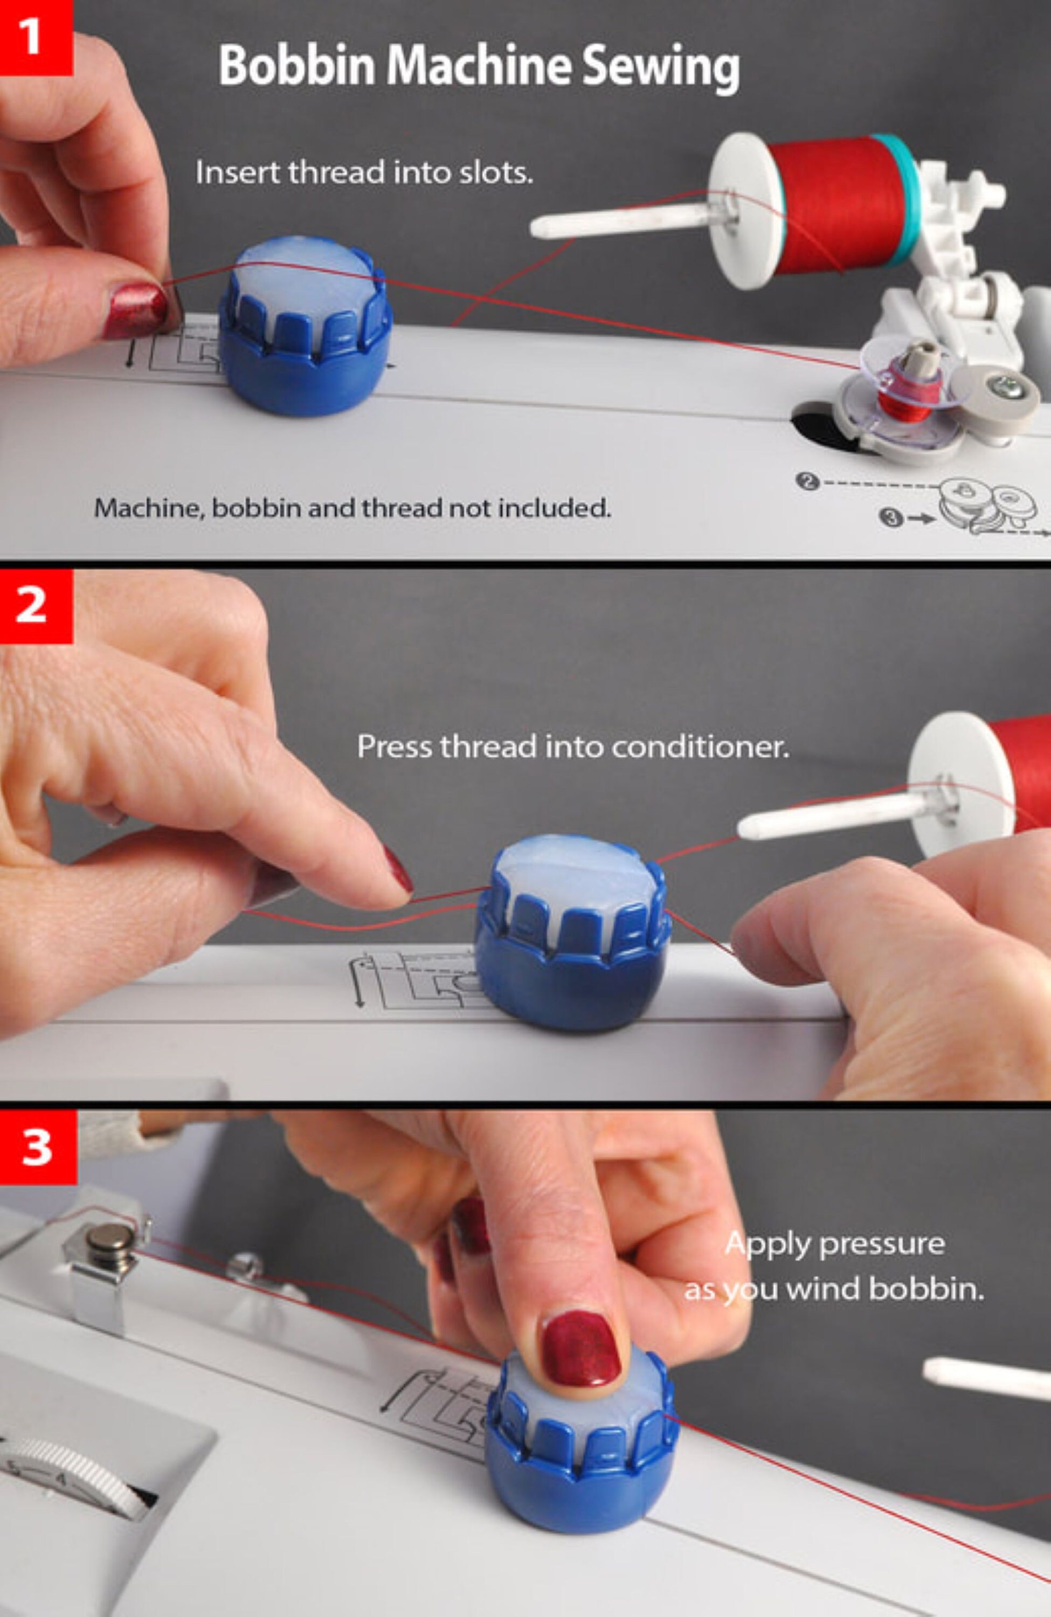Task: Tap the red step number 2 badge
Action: pyautogui.click(x=36, y=605)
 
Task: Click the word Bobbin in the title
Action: pyautogui.click(x=297, y=65)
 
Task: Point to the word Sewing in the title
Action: pyautogui.click(x=660, y=67)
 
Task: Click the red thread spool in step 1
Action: pyautogui.click(x=832, y=204)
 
